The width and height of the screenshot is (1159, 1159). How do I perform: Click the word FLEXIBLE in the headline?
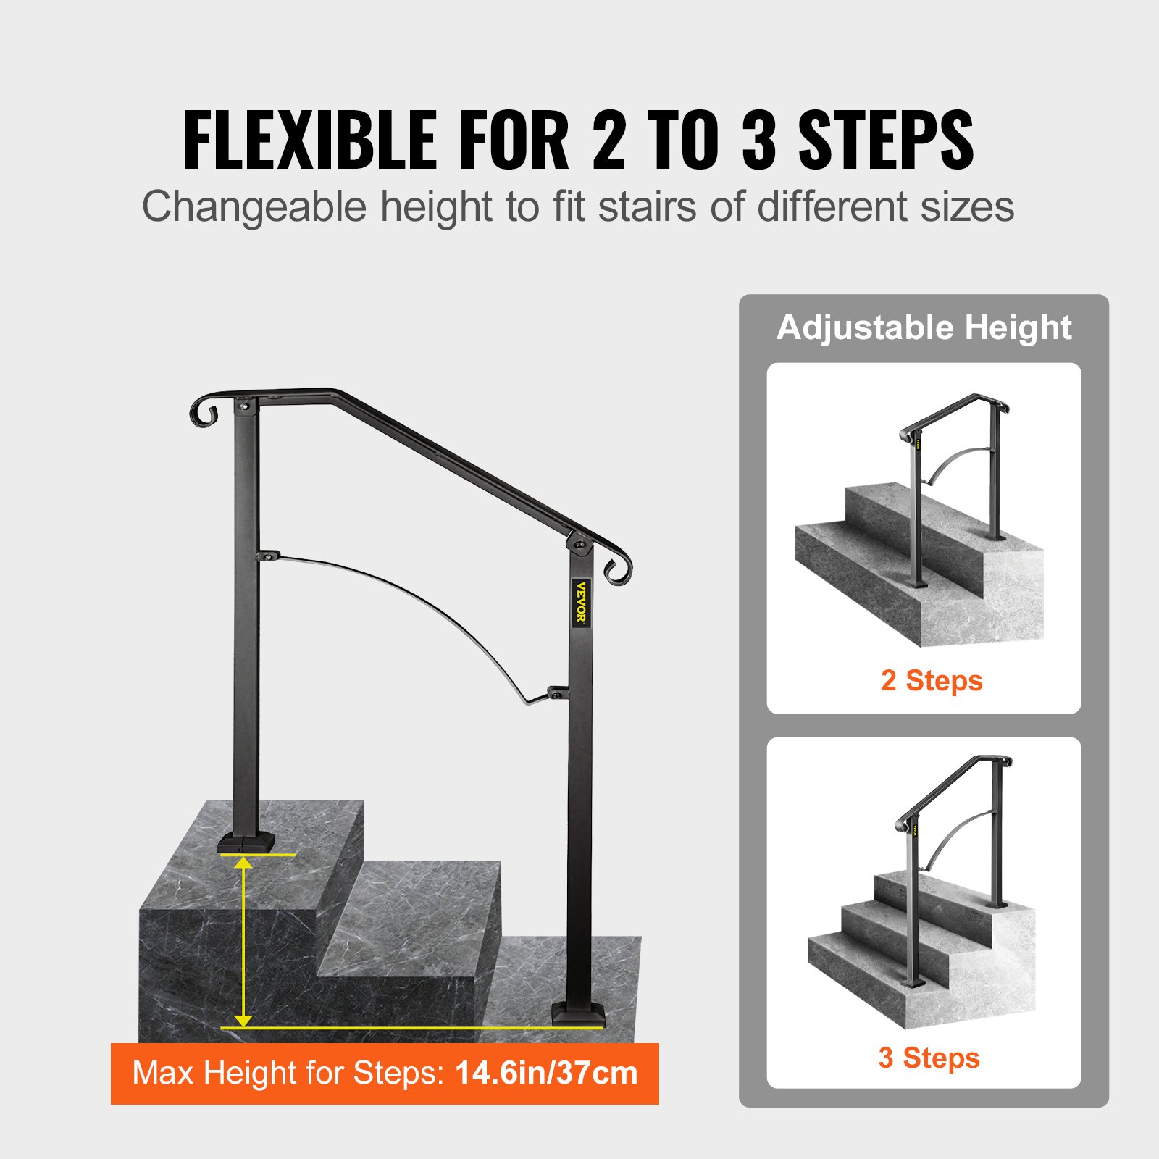pyautogui.click(x=310, y=141)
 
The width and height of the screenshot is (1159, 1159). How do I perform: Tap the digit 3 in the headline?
pyautogui.click(x=758, y=141)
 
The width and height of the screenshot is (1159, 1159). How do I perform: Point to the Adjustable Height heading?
pyautogui.click(x=924, y=327)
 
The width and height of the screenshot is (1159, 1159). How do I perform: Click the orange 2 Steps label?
pyautogui.click(x=932, y=681)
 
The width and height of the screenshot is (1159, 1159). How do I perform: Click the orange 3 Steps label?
pyautogui.click(x=929, y=1058)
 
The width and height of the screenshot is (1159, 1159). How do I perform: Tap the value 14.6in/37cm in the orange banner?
pyautogui.click(x=546, y=1073)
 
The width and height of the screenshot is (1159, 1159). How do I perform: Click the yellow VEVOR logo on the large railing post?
pyautogui.click(x=581, y=603)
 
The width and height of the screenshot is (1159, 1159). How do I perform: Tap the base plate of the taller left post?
pyautogui.click(x=246, y=842)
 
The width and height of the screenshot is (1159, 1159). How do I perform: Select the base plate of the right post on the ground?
pyautogui.click(x=578, y=1014)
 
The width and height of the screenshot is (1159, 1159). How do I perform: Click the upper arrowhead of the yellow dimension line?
pyautogui.click(x=243, y=862)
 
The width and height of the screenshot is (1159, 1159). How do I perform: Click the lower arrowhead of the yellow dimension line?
pyautogui.click(x=243, y=1020)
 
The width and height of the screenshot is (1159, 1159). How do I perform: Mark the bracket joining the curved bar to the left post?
pyautogui.click(x=268, y=556)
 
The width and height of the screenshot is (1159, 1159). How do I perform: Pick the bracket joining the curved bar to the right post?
pyautogui.click(x=556, y=693)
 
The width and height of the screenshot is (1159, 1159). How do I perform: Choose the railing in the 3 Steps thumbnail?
pyautogui.click(x=949, y=833)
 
